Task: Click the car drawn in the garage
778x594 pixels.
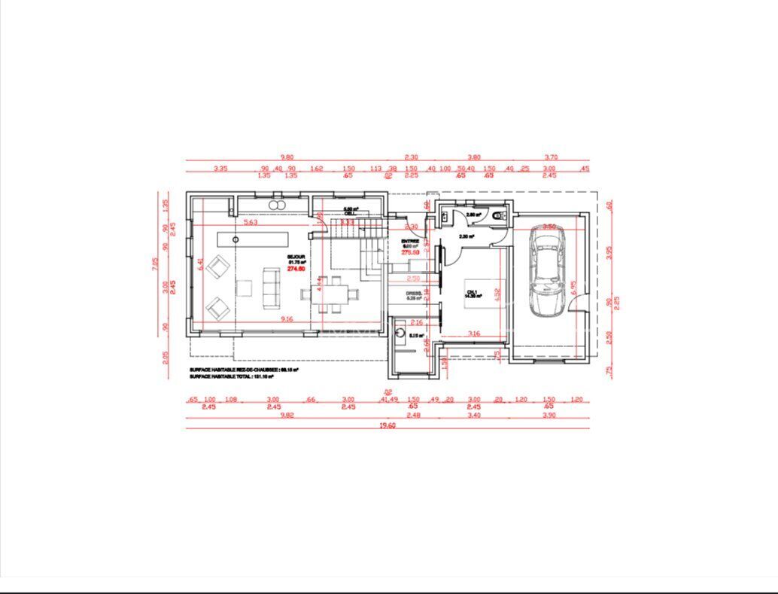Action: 546,272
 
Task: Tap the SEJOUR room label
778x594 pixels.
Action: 296,257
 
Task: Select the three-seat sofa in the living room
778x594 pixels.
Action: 270,288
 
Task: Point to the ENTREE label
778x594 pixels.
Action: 410,240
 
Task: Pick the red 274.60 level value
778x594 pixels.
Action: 296,269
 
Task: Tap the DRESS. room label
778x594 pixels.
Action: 413,294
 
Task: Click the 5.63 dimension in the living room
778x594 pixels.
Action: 251,222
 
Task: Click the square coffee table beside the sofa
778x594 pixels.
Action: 244,288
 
